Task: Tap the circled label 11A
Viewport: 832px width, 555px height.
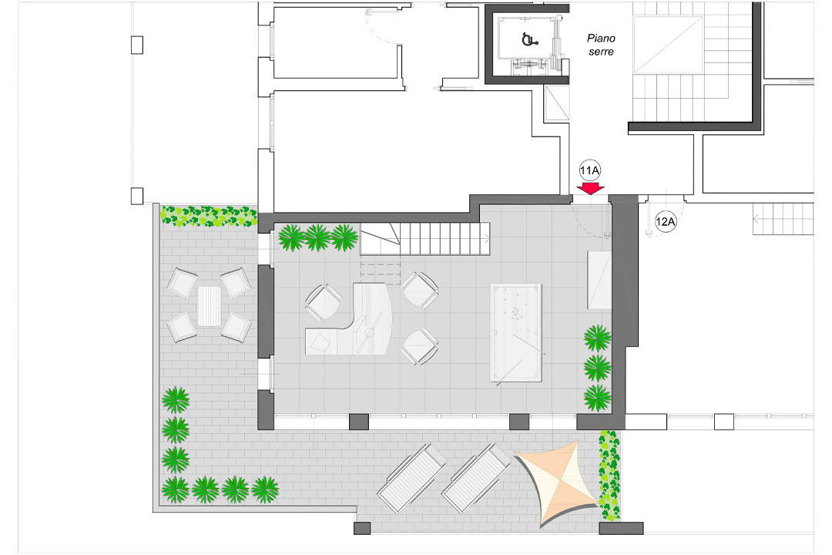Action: point(589,170)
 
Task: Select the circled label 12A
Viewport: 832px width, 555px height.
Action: point(665,222)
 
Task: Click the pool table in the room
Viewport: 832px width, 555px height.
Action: point(515,332)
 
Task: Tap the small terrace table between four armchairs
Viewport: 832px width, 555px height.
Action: point(210,305)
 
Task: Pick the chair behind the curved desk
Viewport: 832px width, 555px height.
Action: point(324,302)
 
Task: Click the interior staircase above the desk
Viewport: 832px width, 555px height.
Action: point(427,239)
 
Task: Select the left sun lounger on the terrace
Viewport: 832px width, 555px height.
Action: point(411,479)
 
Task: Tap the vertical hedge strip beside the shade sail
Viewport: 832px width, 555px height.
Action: point(609,475)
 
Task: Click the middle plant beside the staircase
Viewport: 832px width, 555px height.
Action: point(317,237)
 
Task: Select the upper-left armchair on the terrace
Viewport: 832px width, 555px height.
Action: point(183,283)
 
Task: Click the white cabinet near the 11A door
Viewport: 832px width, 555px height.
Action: point(599,279)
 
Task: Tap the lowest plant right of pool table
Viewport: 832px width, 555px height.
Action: point(597,397)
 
